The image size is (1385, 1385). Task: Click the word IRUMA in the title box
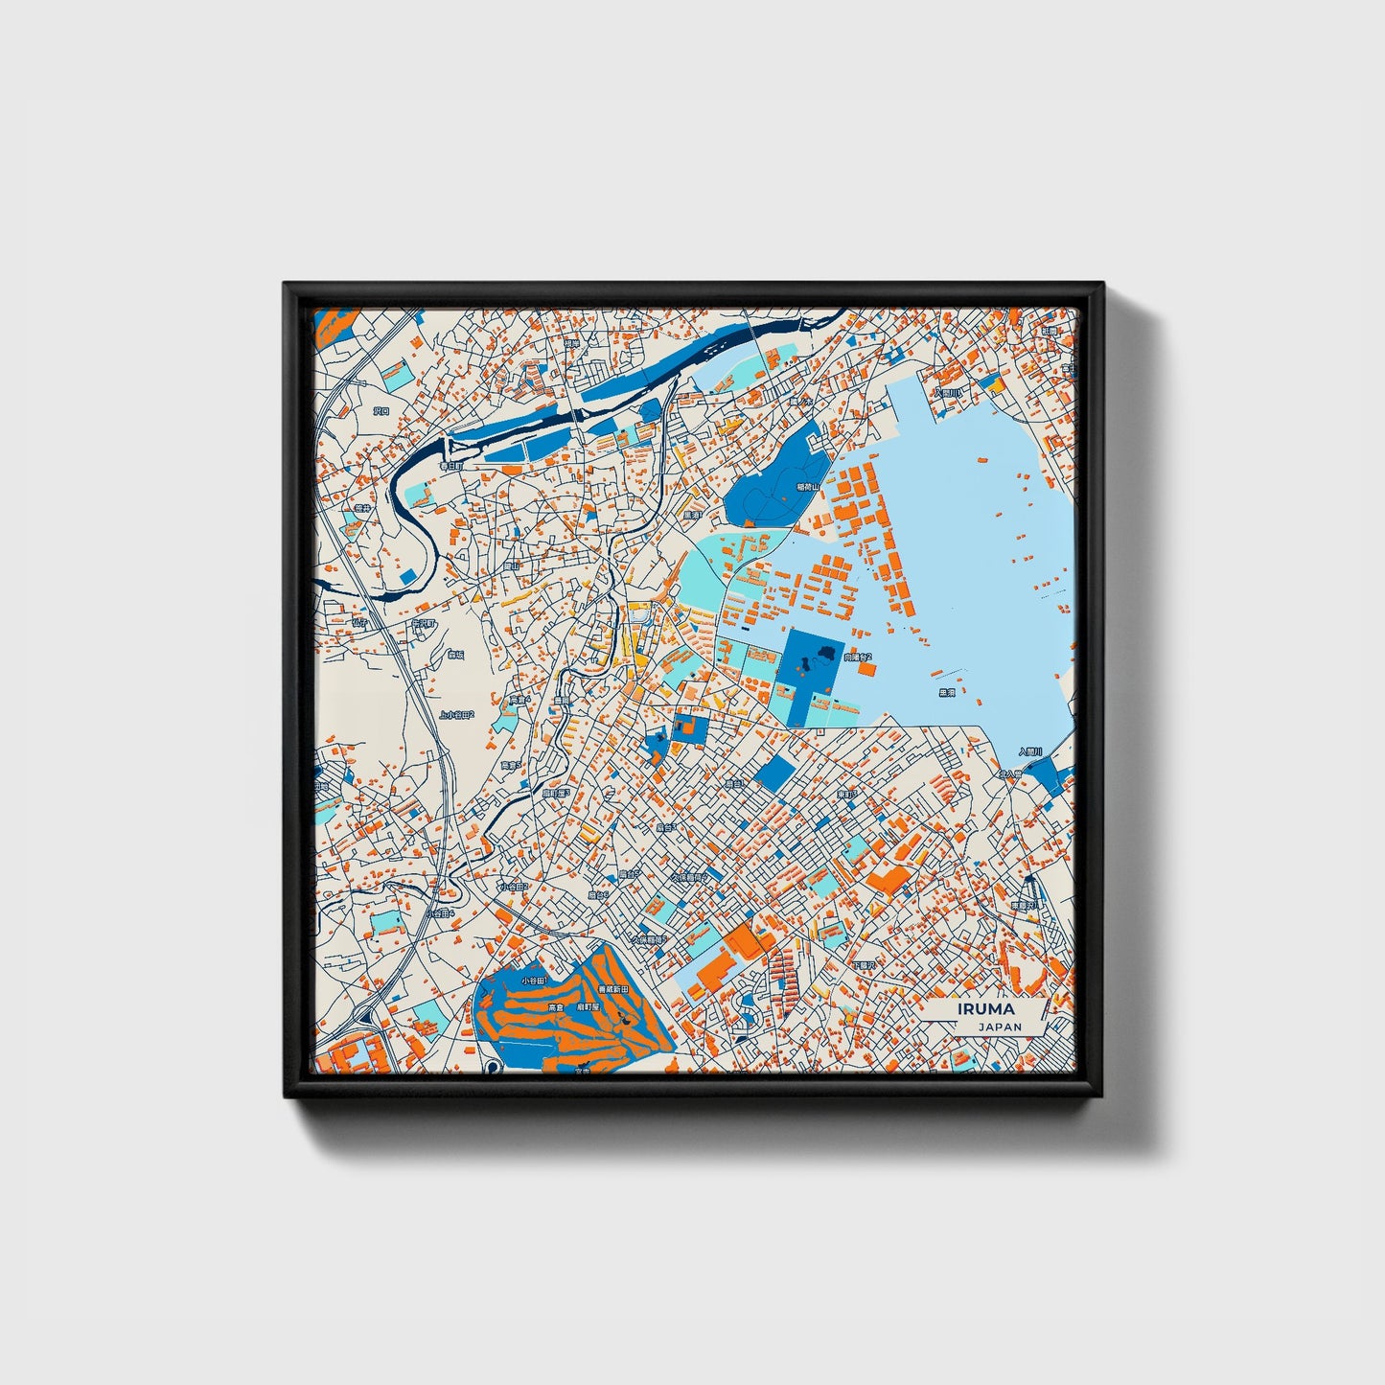[985, 1009]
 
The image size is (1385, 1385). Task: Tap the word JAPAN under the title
[1000, 1027]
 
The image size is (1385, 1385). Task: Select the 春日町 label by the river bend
[450, 466]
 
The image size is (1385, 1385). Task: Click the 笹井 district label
[362, 509]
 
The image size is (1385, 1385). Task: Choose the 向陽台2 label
[858, 658]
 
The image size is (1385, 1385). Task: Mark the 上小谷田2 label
[457, 714]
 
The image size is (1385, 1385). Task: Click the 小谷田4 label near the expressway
[440, 913]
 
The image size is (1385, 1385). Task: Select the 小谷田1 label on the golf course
[533, 981]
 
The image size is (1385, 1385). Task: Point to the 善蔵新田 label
[612, 988]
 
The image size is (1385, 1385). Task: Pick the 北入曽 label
[1010, 773]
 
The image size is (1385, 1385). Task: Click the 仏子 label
[360, 621]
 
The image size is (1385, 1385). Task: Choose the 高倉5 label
[511, 765]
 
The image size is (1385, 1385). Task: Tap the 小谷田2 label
[513, 887]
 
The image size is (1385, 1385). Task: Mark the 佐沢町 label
[423, 623]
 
